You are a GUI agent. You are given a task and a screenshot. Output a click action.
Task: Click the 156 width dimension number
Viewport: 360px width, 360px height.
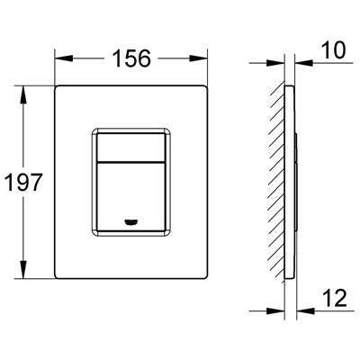coord(131,58)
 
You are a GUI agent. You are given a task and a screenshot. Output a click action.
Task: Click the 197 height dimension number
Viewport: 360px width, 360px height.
coord(23,182)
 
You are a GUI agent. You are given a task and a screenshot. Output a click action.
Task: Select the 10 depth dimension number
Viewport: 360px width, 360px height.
coord(333,50)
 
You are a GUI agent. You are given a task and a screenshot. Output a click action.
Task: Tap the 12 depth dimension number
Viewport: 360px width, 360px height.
coord(335,298)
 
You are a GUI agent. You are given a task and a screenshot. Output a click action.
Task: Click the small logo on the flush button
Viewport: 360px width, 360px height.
coord(130,222)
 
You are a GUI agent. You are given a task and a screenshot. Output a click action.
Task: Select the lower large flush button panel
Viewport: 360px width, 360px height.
coord(130,197)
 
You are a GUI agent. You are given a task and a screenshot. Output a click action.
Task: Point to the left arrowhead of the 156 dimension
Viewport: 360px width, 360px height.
coord(64,58)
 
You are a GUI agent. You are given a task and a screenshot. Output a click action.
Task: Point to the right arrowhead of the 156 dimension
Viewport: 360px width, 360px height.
coord(198,58)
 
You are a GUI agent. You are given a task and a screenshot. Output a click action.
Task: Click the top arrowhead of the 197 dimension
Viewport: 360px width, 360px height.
coord(23,95)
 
